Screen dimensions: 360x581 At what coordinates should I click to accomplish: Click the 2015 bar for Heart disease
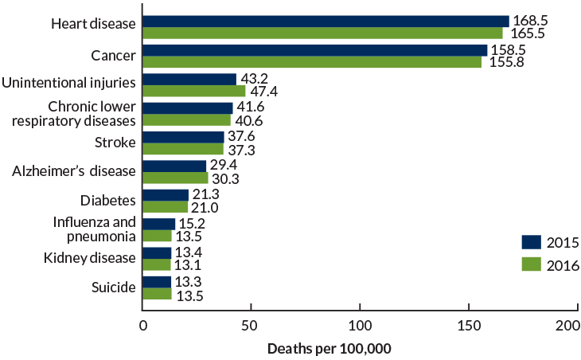click(x=326, y=22)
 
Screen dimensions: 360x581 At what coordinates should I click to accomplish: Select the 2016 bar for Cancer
click(x=312, y=62)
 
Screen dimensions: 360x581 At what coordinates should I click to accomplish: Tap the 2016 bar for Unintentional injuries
click(x=194, y=91)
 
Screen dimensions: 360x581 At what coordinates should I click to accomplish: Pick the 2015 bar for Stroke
click(x=183, y=137)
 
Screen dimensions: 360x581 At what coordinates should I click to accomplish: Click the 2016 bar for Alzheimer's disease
click(x=175, y=178)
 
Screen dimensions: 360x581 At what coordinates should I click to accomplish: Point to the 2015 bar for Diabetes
click(x=166, y=195)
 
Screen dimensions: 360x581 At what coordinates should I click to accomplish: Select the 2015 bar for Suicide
click(x=157, y=282)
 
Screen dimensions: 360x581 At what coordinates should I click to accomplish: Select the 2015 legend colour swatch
click(x=532, y=243)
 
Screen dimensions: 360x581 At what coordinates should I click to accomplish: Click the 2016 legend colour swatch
click(x=532, y=265)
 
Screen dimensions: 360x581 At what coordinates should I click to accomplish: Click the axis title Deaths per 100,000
click(x=329, y=349)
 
